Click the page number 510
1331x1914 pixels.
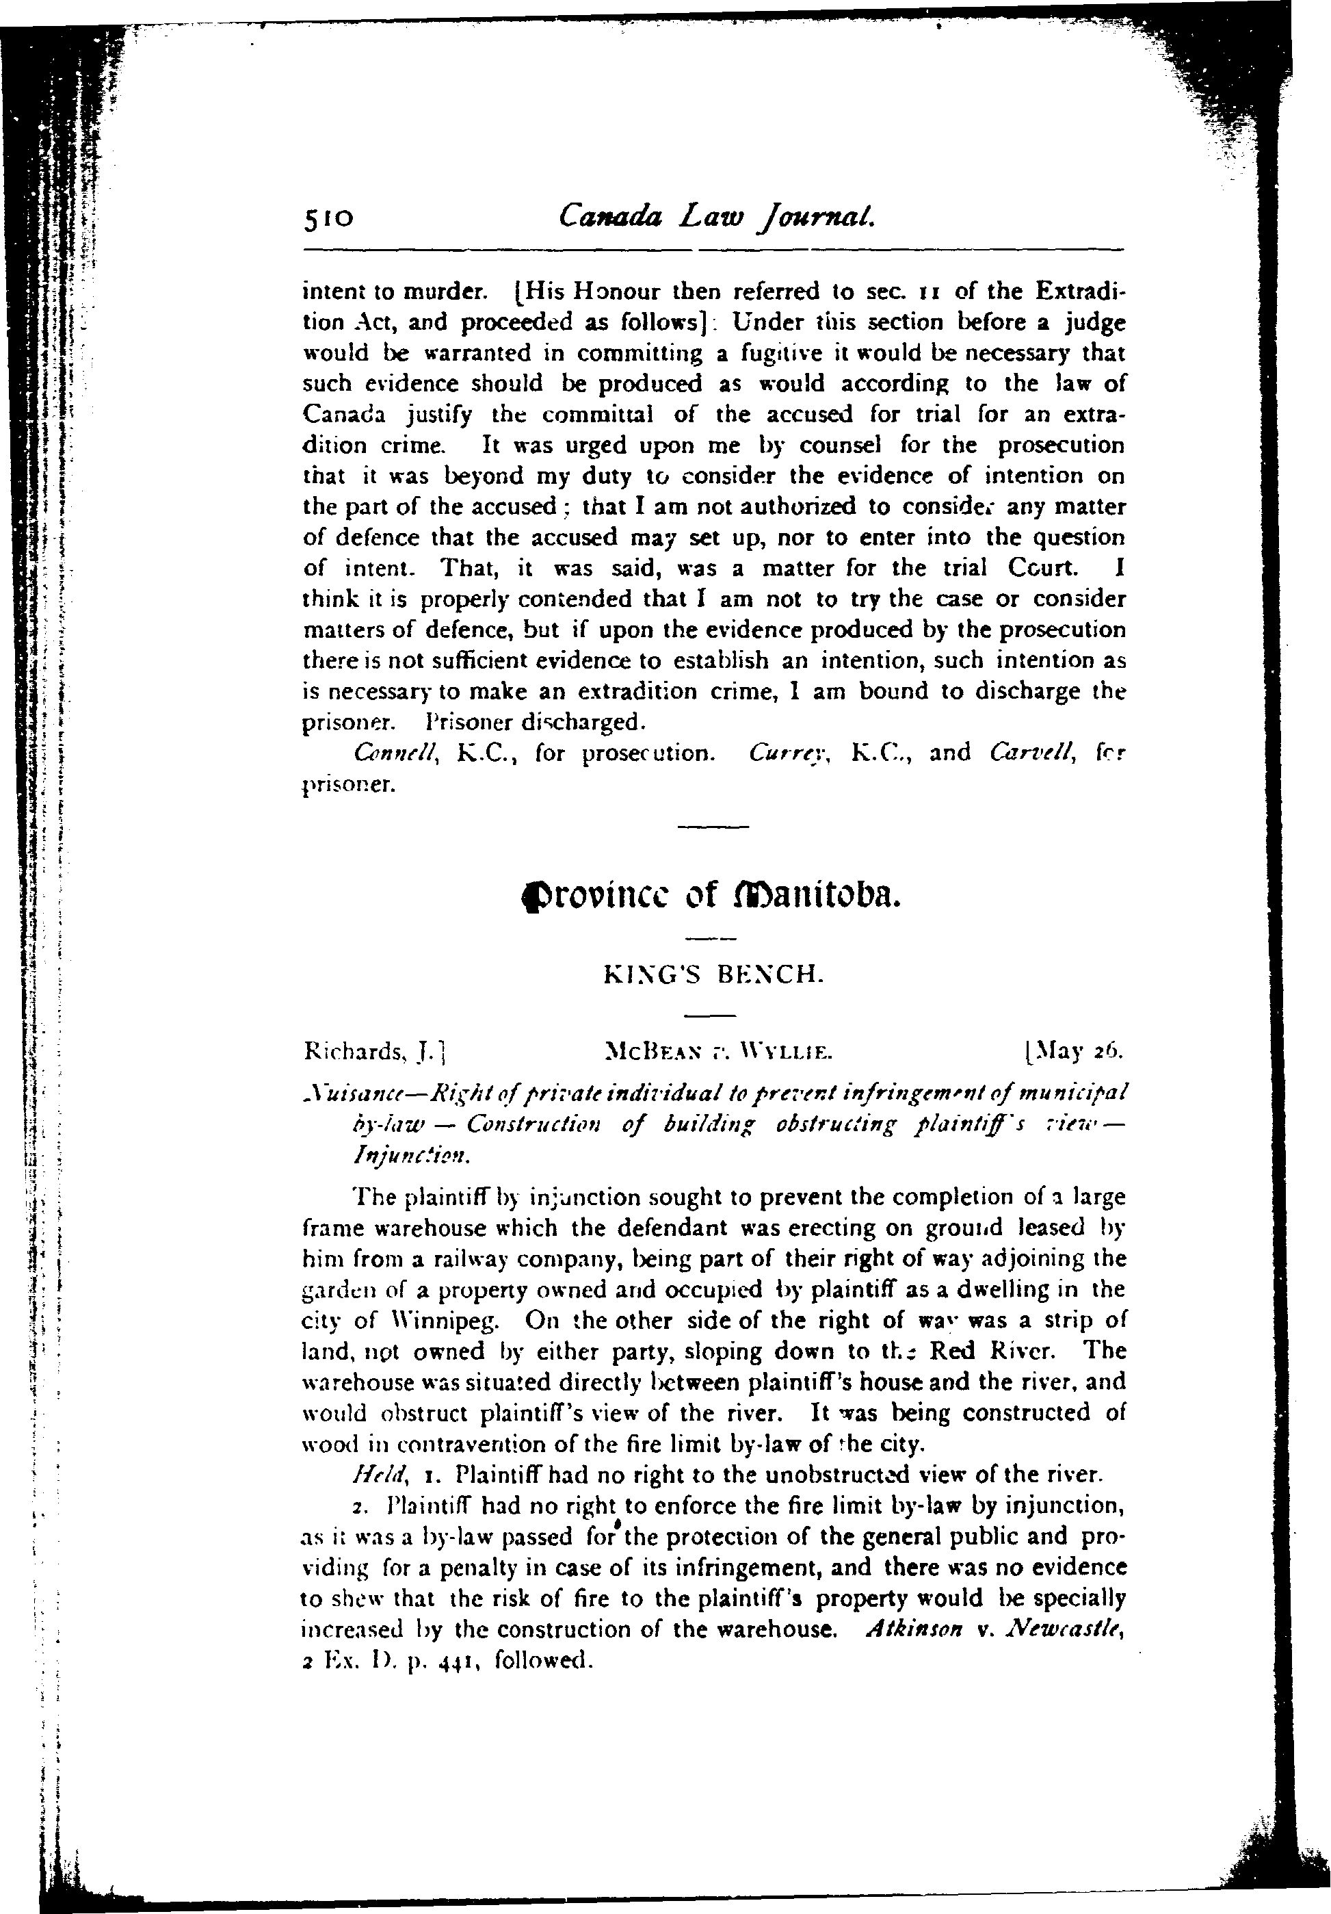click(329, 218)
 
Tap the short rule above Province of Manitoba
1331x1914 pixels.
click(713, 827)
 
